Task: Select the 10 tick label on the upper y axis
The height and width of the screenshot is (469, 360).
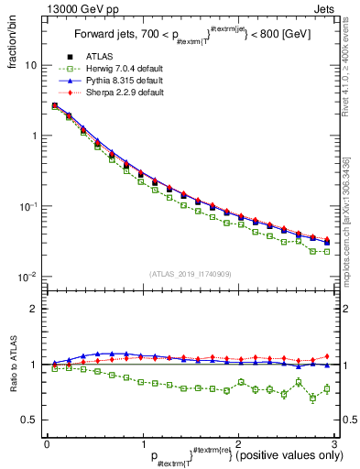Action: point(30,66)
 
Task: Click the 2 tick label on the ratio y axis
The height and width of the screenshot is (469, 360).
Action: point(34,309)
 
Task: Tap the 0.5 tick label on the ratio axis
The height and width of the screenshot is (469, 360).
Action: point(29,420)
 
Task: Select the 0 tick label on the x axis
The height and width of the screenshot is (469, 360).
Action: point(47,443)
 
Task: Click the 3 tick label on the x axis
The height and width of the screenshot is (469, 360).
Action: point(334,443)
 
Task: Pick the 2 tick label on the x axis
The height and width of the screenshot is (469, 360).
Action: point(238,443)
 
